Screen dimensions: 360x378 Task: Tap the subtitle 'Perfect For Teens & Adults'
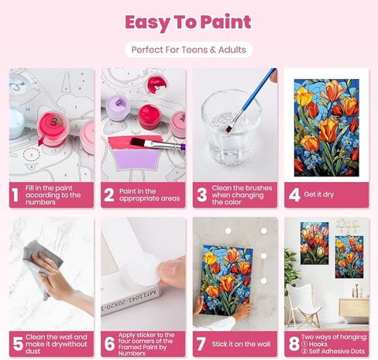[x=188, y=50]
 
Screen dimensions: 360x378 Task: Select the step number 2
[x=109, y=194]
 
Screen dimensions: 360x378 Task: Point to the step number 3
[x=201, y=194]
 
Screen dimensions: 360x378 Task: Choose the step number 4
[x=294, y=194]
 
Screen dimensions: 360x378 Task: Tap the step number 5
[x=17, y=342]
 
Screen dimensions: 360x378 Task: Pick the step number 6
[x=109, y=342]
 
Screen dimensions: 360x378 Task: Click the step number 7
[x=201, y=342]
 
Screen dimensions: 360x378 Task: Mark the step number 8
[x=294, y=342]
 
